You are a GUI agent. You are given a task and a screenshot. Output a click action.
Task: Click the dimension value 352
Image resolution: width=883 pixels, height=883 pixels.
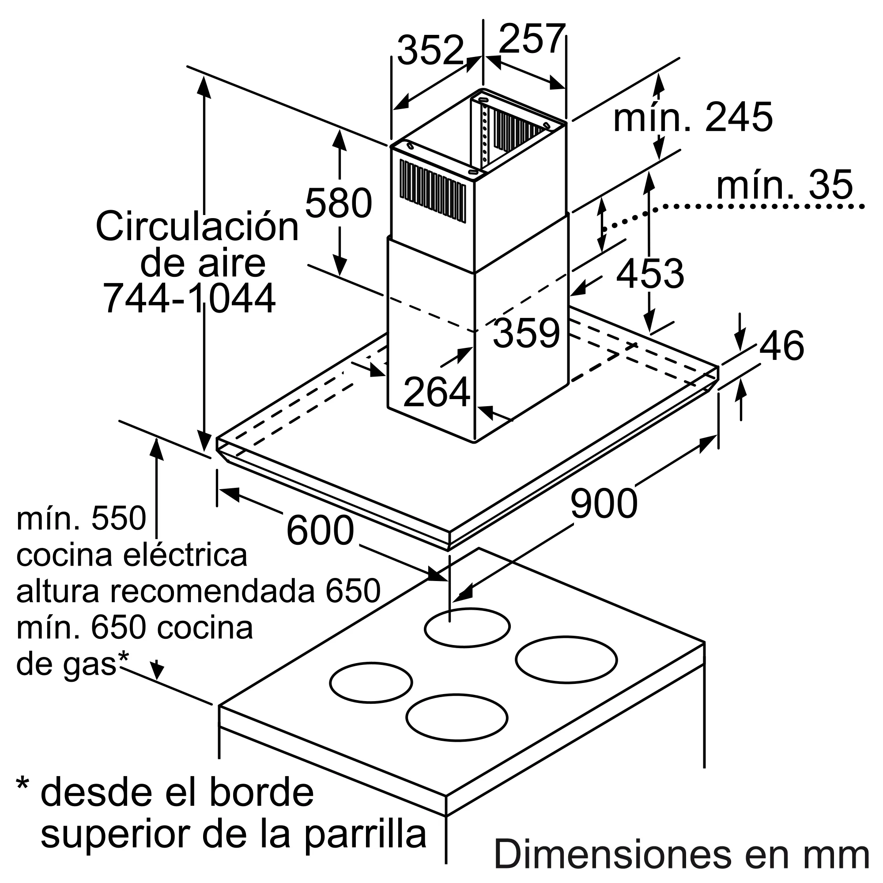430,50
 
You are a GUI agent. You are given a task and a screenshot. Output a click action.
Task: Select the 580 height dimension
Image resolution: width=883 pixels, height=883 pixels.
338,203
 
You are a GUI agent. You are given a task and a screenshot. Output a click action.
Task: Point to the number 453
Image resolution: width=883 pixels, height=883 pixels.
649,274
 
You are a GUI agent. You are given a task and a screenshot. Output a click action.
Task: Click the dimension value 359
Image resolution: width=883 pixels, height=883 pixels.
527,333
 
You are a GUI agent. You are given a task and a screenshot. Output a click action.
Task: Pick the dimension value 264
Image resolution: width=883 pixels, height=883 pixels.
437,392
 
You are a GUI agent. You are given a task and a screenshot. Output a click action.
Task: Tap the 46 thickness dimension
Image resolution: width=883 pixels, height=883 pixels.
781,346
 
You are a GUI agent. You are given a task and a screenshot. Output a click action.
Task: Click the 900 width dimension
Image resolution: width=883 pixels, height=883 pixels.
603,503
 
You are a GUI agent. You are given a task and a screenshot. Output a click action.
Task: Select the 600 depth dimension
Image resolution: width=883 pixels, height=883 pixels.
320,530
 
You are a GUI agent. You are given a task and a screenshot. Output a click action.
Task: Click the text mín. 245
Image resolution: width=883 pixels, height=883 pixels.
693,117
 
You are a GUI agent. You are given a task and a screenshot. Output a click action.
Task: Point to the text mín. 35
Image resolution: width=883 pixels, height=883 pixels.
784,185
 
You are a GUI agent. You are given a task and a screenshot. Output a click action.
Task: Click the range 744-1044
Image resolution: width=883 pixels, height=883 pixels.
190,298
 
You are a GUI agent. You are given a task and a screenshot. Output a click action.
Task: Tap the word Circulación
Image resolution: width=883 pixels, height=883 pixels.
197,226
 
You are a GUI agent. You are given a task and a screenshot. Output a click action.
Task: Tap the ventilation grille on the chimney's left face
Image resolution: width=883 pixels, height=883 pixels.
432,192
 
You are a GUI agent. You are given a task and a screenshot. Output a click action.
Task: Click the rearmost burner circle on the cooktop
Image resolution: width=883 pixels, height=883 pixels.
467,627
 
